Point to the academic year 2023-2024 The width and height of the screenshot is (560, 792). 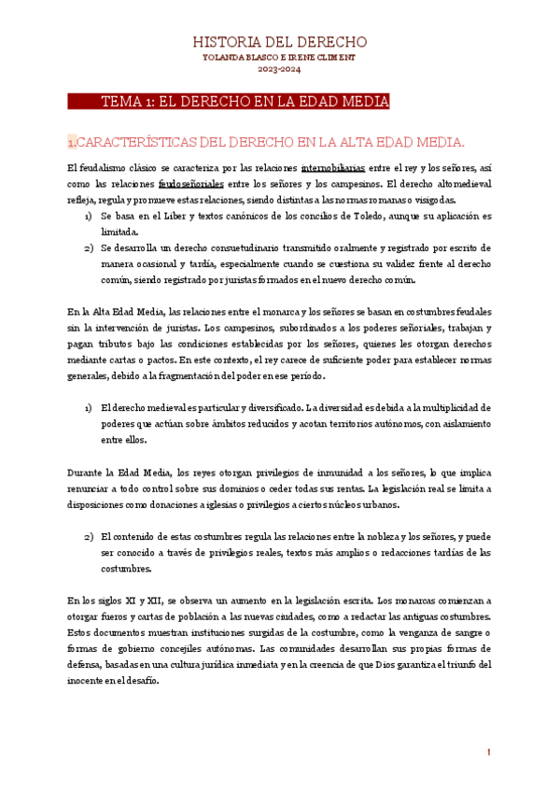coord(279,69)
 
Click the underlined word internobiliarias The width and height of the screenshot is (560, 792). coord(333,168)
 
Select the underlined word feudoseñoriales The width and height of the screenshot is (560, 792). coord(192,184)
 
